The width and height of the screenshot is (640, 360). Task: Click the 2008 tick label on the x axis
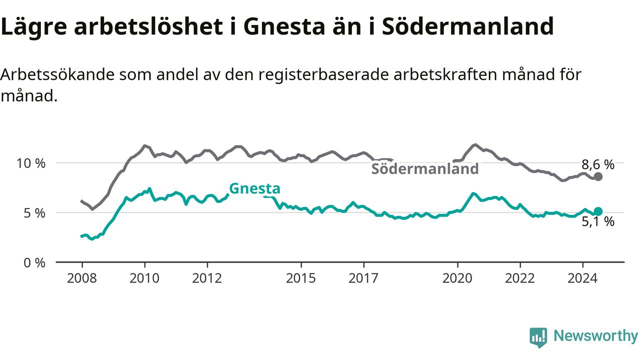[x=81, y=278]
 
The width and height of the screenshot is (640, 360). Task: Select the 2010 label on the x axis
[x=144, y=278]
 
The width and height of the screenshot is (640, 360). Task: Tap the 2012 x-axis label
[x=207, y=278]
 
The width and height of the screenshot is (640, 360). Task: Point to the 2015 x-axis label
[x=301, y=278]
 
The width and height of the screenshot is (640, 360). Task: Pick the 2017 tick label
[x=363, y=278]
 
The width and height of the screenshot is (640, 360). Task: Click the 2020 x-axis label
[x=457, y=278]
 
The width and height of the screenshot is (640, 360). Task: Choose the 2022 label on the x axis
[x=520, y=278]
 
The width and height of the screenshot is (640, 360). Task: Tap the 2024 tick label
[x=582, y=278]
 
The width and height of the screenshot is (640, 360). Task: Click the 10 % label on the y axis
[x=31, y=163]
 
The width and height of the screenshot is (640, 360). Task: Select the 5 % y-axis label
[x=34, y=213]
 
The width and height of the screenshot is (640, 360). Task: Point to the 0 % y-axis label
[x=34, y=263]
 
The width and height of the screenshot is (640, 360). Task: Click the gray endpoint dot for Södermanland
[x=598, y=176]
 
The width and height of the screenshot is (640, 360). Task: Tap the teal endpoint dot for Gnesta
[x=598, y=211]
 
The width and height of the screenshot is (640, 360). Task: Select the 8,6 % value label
[x=598, y=165]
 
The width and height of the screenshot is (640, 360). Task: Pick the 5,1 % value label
[x=598, y=221]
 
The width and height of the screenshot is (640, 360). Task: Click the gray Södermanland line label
[x=425, y=169]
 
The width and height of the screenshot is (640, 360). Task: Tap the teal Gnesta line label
[x=254, y=188]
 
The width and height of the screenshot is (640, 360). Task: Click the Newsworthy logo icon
[x=538, y=337]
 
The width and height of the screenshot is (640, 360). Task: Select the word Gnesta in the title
[x=284, y=26]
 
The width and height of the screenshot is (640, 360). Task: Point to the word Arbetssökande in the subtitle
[x=57, y=75]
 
